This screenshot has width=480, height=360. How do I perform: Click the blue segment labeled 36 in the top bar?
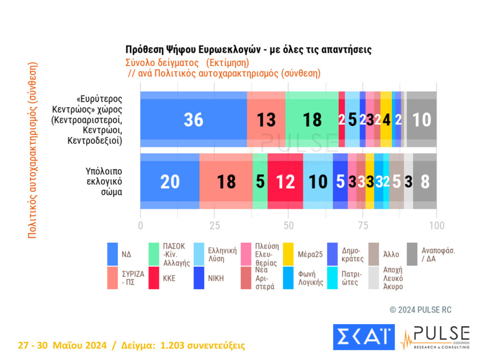(194, 119)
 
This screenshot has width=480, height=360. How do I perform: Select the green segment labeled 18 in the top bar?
(312, 119)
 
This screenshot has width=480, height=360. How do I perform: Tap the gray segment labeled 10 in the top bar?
(422, 119)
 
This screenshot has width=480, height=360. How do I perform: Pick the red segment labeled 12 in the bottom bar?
(285, 181)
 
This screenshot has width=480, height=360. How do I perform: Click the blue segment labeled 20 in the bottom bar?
(170, 181)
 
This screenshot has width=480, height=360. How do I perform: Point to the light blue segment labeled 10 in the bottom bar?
(317, 181)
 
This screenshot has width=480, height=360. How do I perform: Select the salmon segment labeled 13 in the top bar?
(266, 119)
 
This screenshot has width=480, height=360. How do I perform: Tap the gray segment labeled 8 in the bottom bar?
(425, 181)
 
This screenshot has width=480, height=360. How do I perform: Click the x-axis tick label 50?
(289, 226)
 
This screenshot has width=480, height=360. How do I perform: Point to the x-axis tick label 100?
(436, 226)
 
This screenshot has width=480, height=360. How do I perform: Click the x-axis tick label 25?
(215, 226)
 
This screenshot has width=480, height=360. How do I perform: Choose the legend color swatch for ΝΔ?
(113, 254)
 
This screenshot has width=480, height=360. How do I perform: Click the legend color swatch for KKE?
(154, 277)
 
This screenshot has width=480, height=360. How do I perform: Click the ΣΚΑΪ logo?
(363, 337)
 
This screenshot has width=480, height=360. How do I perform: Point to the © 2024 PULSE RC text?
(421, 309)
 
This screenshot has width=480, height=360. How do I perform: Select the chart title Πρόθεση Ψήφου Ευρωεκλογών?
(248, 49)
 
